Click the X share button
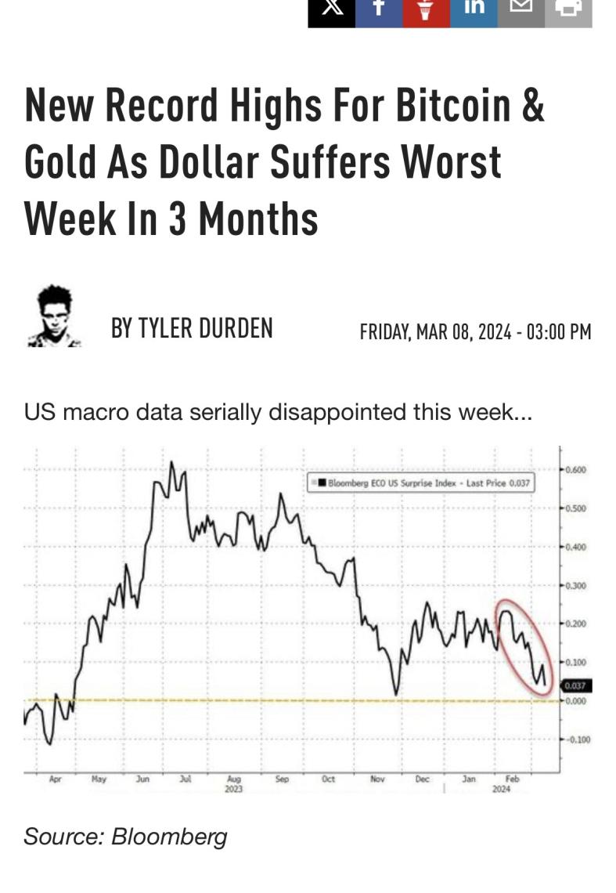pyautogui.click(x=331, y=9)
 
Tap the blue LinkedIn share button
pyautogui.click(x=474, y=9)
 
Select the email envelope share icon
pyautogui.click(x=521, y=9)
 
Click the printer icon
pyautogui.click(x=568, y=9)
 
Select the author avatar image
pyautogui.click(x=55, y=316)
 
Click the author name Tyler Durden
pyautogui.click(x=192, y=327)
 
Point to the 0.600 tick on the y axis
pyautogui.click(x=575, y=470)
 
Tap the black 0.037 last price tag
pyautogui.click(x=575, y=686)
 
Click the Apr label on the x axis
pyautogui.click(x=55, y=779)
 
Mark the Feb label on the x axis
pyautogui.click(x=513, y=779)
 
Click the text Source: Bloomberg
pyautogui.click(x=125, y=836)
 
